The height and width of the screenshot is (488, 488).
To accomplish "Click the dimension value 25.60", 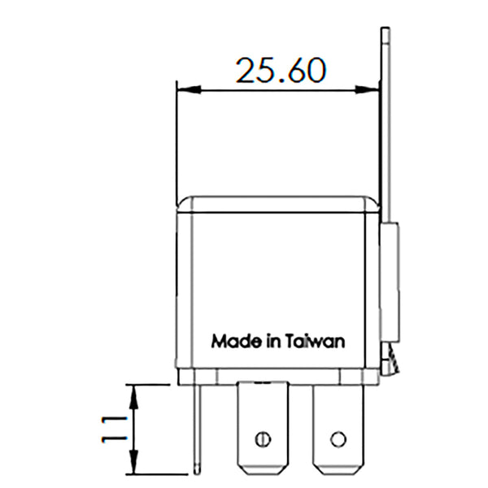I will click(281, 71).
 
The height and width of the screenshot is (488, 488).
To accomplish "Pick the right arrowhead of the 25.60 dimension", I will click(376, 89).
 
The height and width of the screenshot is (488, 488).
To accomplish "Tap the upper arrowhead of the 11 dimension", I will click(136, 389).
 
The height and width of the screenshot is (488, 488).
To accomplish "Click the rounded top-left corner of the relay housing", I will click(184, 201).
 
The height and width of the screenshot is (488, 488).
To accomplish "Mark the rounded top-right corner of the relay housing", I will click(374, 201).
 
